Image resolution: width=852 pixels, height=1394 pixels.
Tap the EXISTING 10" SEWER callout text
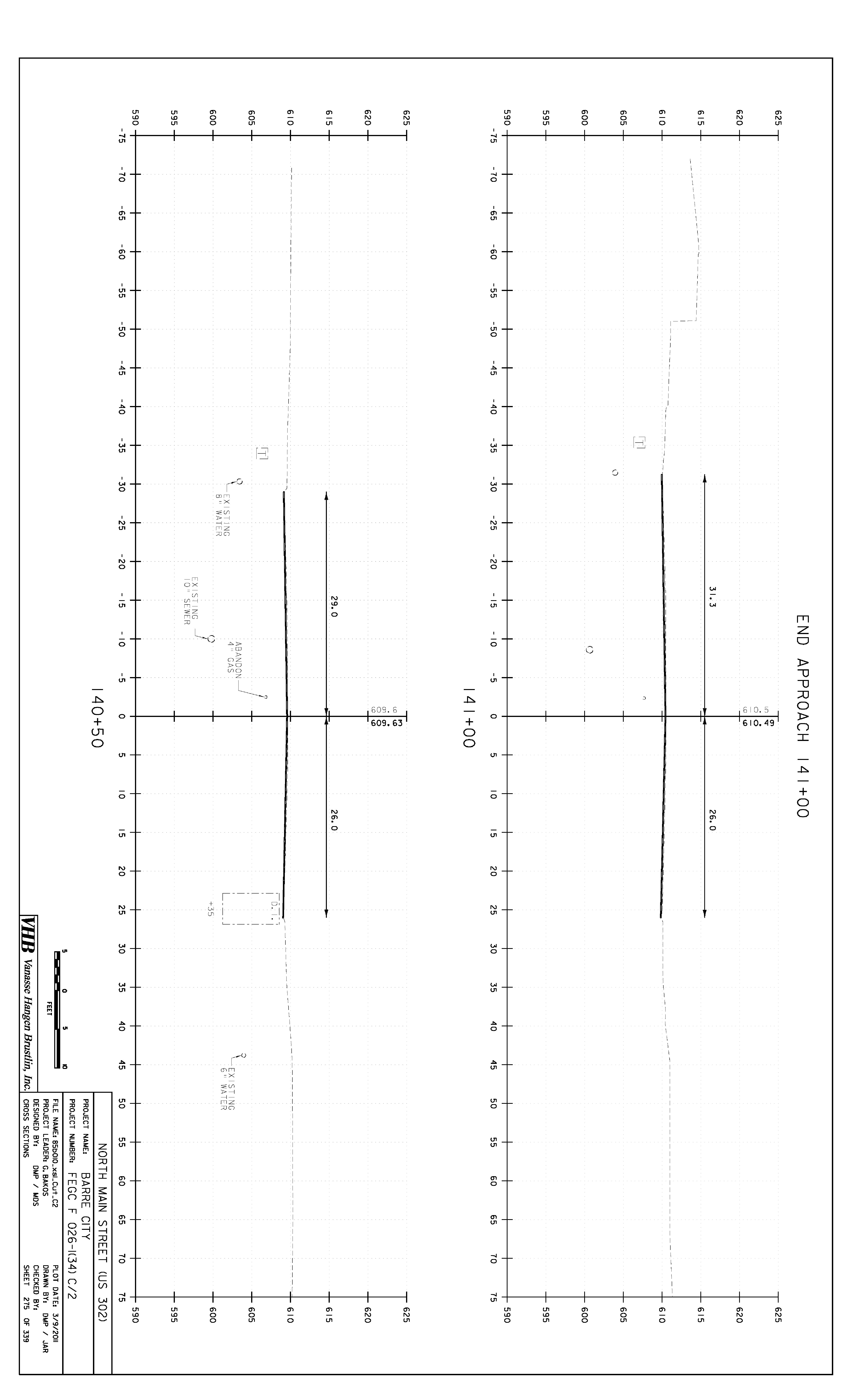click(191, 601)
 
